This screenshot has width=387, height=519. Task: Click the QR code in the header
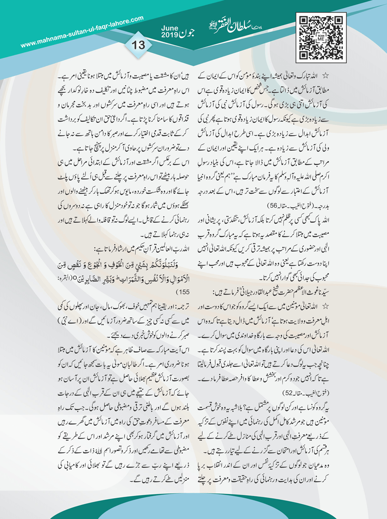(321, 37)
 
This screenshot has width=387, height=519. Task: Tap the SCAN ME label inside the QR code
(321, 37)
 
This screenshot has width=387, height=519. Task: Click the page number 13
(138, 45)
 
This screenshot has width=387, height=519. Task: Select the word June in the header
(170, 29)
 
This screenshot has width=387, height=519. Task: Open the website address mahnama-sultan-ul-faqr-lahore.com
(82, 32)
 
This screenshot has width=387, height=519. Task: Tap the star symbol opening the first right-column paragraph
(325, 76)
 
